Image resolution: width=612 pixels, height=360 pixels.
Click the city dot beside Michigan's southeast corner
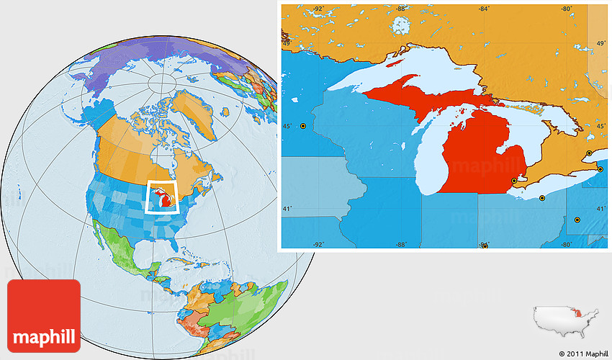click(x=513, y=181)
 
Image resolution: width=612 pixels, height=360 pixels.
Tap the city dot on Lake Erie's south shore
click(x=542, y=198)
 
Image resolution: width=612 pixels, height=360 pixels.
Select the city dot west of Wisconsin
click(x=303, y=126)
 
